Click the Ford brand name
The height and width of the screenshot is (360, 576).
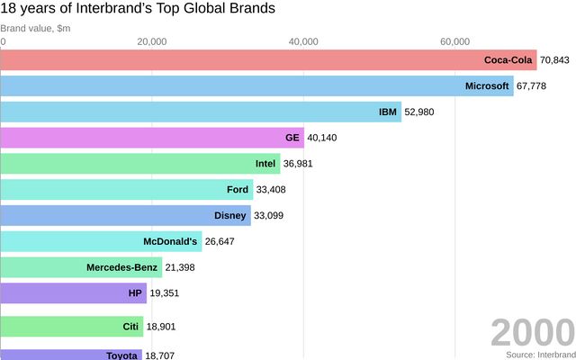(238, 190)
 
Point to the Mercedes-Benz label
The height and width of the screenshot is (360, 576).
(121, 267)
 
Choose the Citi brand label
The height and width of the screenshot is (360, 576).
(131, 326)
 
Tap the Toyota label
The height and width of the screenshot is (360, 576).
(122, 355)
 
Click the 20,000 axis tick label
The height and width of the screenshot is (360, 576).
(152, 41)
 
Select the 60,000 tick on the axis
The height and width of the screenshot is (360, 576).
(454, 41)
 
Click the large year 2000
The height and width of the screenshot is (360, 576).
(532, 334)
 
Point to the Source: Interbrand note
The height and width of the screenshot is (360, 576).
(539, 355)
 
